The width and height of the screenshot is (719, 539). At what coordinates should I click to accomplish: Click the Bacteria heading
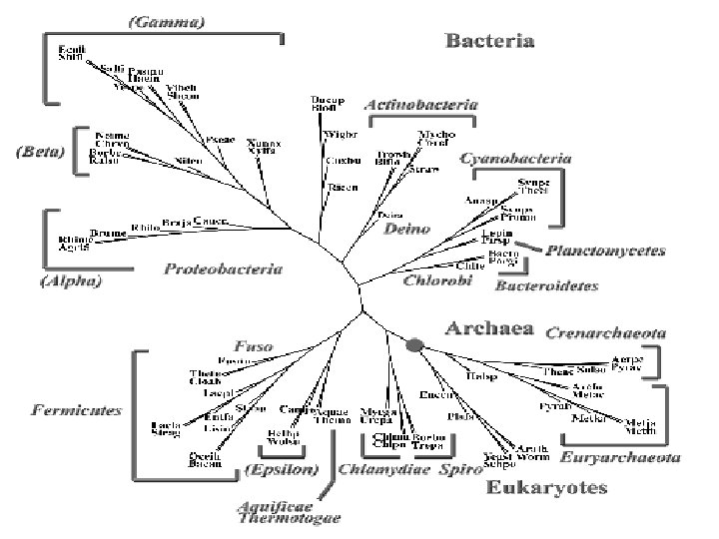click(x=489, y=42)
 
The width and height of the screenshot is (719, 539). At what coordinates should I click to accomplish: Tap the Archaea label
click(x=490, y=328)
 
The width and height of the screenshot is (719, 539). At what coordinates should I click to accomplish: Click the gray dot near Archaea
click(x=415, y=344)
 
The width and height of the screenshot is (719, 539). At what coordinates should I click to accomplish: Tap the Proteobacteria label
click(x=224, y=269)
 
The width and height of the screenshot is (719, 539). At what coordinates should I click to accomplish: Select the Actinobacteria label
click(x=419, y=104)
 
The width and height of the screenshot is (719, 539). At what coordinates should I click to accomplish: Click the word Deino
click(x=406, y=228)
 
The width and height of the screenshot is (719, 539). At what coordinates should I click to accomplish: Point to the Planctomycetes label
click(x=605, y=251)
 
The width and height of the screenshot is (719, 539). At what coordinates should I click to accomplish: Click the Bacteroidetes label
click(x=547, y=285)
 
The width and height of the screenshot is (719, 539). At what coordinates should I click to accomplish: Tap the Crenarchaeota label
click(x=606, y=332)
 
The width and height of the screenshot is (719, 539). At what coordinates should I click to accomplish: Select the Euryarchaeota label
click(x=621, y=456)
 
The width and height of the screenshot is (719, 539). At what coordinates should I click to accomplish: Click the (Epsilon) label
click(x=282, y=469)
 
